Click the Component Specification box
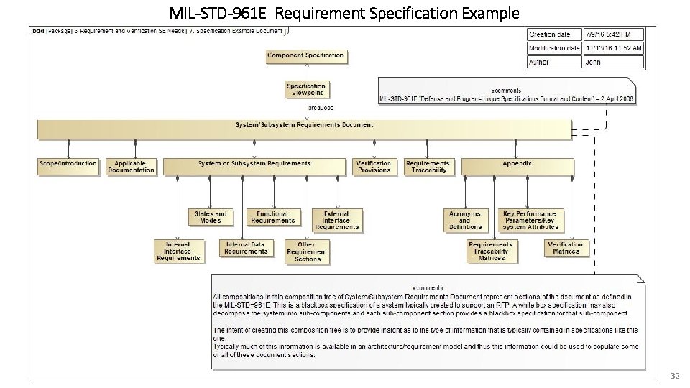click(x=305, y=57)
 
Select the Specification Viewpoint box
click(x=307, y=89)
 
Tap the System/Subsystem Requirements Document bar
click(x=304, y=129)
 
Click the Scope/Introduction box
click(x=68, y=167)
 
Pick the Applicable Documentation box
click(x=131, y=167)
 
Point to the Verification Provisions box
click(x=374, y=167)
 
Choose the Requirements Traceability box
click(x=428, y=167)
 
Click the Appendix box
click(x=517, y=167)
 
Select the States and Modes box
click(x=211, y=217)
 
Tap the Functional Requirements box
click(x=273, y=217)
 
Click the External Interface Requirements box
click(x=337, y=220)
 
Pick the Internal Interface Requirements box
click(x=178, y=251)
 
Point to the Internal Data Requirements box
click(x=246, y=248)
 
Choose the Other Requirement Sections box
click(x=307, y=251)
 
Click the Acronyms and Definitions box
click(x=465, y=220)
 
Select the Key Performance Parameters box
click(x=530, y=220)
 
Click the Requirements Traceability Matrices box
click(x=491, y=251)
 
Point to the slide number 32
click(x=674, y=376)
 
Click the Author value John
click(x=594, y=62)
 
